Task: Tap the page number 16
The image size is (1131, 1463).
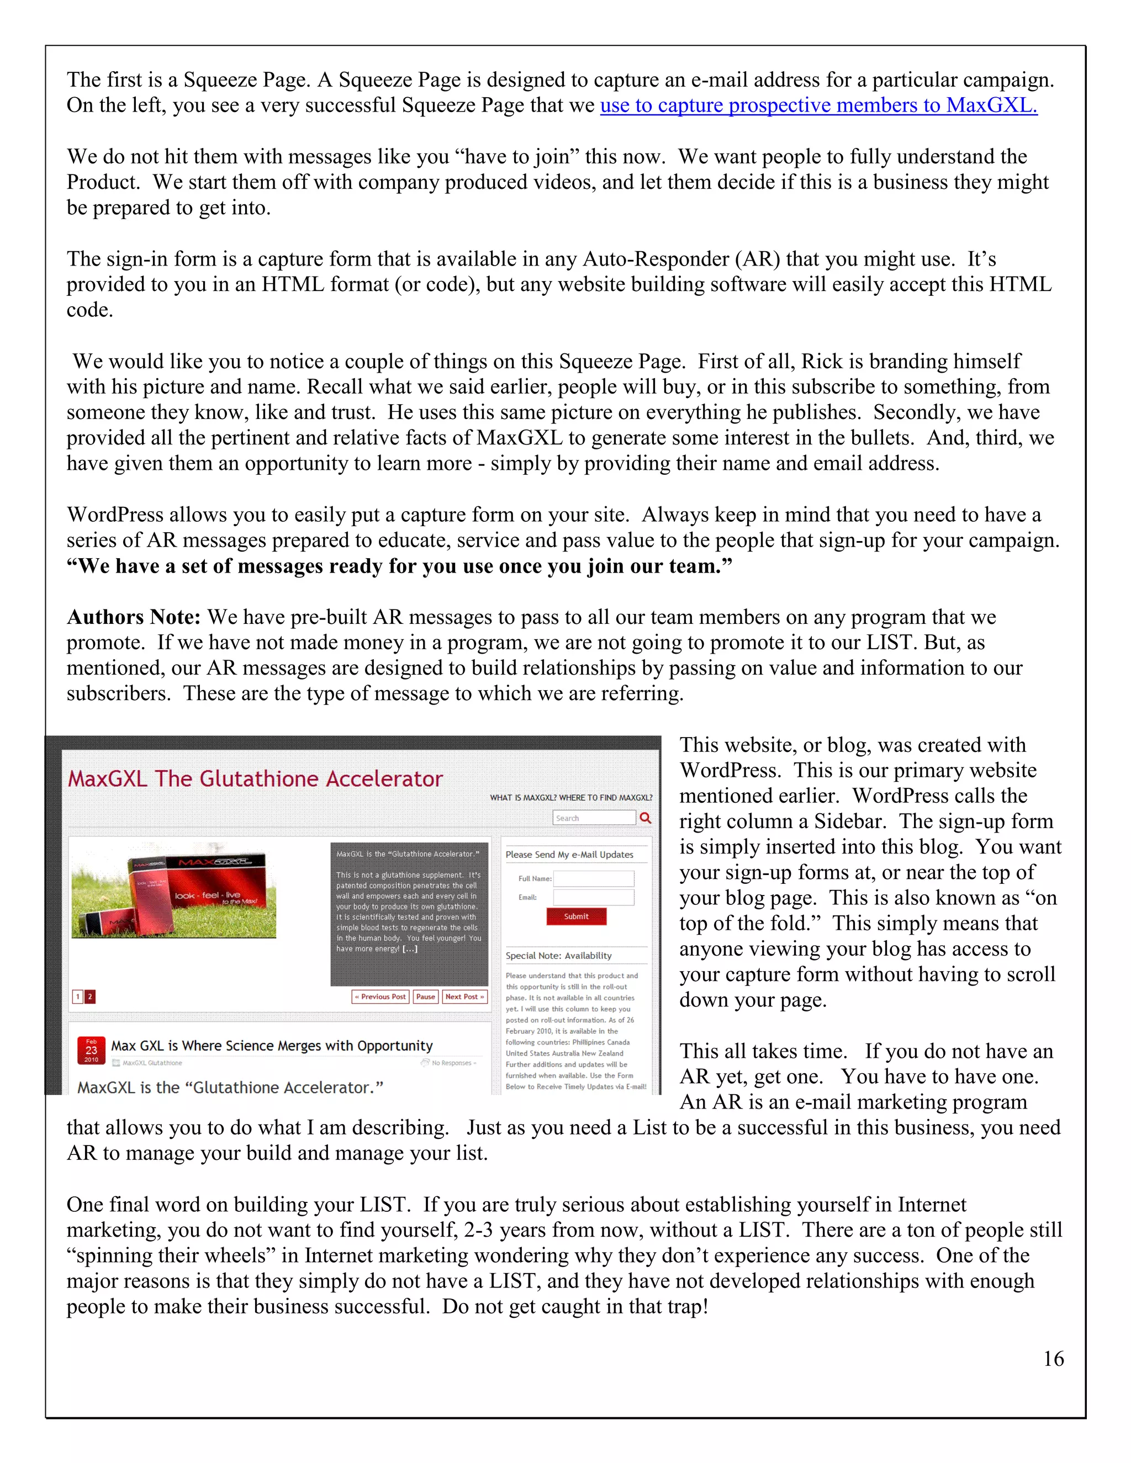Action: pos(1053,1359)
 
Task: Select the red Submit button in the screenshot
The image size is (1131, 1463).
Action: pos(576,916)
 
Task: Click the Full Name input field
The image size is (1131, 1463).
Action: pos(594,878)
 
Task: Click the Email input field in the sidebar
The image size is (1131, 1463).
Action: pos(594,897)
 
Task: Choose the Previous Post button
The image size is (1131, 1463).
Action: pos(380,996)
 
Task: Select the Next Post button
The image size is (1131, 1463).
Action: pos(464,996)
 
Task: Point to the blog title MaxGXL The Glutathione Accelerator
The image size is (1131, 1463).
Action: pos(255,779)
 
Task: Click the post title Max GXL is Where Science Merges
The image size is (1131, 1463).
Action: pos(271,1046)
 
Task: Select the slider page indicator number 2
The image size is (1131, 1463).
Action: pos(91,996)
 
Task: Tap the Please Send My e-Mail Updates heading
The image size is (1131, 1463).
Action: pos(569,855)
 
